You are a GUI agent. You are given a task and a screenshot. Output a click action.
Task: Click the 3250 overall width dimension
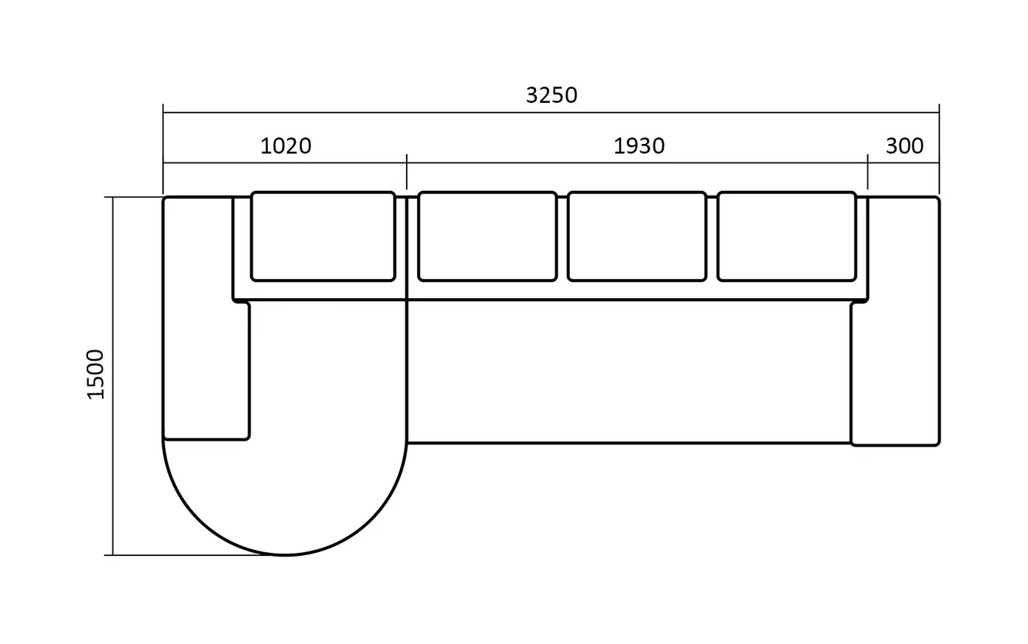coord(551,95)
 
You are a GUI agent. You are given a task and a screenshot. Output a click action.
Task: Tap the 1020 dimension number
coord(286,146)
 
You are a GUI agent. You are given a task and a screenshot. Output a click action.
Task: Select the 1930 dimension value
coord(639,146)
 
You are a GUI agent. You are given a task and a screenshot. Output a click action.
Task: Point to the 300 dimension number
coord(904,146)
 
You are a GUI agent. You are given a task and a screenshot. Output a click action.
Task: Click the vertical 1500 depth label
coord(96,375)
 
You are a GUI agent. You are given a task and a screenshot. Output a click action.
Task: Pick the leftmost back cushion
coord(323,236)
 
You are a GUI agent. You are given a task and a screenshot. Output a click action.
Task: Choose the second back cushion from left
coord(488,236)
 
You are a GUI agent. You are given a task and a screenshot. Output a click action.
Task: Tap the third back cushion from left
coord(637,236)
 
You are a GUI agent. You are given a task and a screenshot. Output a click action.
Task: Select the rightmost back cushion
coord(786,236)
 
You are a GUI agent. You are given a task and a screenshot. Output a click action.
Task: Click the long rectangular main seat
coord(629,372)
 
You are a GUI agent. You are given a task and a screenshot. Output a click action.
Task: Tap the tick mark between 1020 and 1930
coord(407,171)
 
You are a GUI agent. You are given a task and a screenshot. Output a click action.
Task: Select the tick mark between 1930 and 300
coord(867,171)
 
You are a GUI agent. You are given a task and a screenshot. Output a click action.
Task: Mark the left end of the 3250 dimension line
coord(163,112)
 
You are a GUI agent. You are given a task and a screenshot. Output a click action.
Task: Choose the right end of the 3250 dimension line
coord(939,112)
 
